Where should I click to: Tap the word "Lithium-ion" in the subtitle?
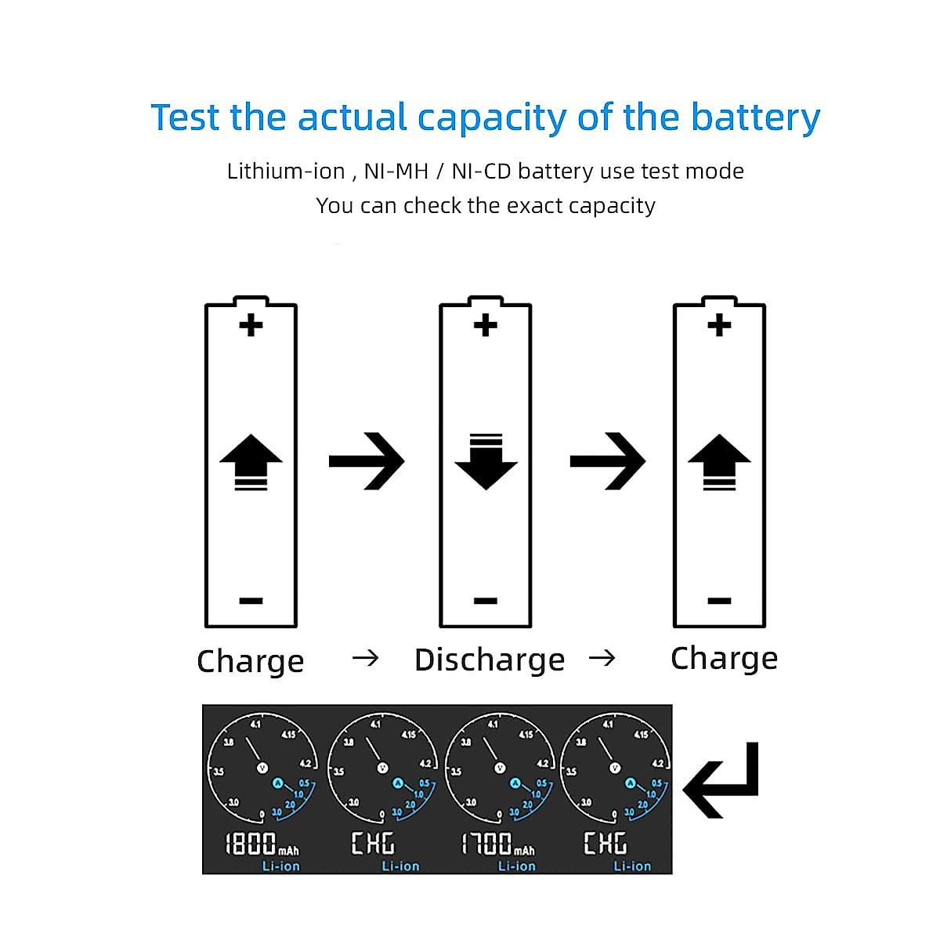[285, 171]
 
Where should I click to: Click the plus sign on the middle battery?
[486, 325]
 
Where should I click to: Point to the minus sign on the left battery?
[251, 601]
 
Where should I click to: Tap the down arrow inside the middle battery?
[486, 461]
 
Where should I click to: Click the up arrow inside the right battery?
[719, 462]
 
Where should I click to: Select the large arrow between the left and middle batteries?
[367, 461]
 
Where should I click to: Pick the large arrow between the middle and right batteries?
[608, 461]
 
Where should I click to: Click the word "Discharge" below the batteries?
[490, 660]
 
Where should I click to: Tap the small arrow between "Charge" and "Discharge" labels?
[365, 658]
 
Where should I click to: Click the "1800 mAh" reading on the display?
[261, 844]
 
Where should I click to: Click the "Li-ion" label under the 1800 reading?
[280, 866]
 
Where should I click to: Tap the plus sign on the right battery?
[719, 325]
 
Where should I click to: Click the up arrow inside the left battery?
[251, 462]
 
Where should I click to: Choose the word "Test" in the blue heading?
[185, 117]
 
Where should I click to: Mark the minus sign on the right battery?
[719, 601]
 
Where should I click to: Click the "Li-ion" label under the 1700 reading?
[517, 866]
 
